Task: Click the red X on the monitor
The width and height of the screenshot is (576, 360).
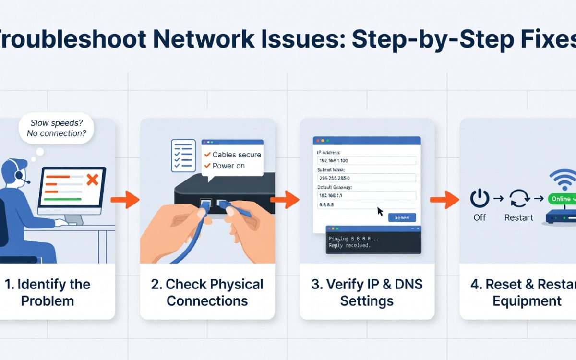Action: coord(92,180)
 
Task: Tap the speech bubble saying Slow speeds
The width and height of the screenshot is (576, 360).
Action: coord(57,128)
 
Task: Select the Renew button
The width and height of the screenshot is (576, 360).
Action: coord(402,217)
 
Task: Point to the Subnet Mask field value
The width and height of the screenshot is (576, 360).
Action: coord(367,178)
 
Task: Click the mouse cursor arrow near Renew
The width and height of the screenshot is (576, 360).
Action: coord(380,211)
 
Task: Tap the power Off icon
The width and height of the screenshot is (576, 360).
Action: coord(480,198)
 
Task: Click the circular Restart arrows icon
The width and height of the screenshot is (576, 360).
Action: coord(518,198)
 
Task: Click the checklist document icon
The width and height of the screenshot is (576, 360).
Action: coord(183,156)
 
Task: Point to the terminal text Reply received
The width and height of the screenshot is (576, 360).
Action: coord(349,245)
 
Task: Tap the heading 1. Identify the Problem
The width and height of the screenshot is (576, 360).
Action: coord(47,292)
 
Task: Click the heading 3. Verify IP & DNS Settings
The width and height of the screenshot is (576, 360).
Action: coord(367,292)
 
